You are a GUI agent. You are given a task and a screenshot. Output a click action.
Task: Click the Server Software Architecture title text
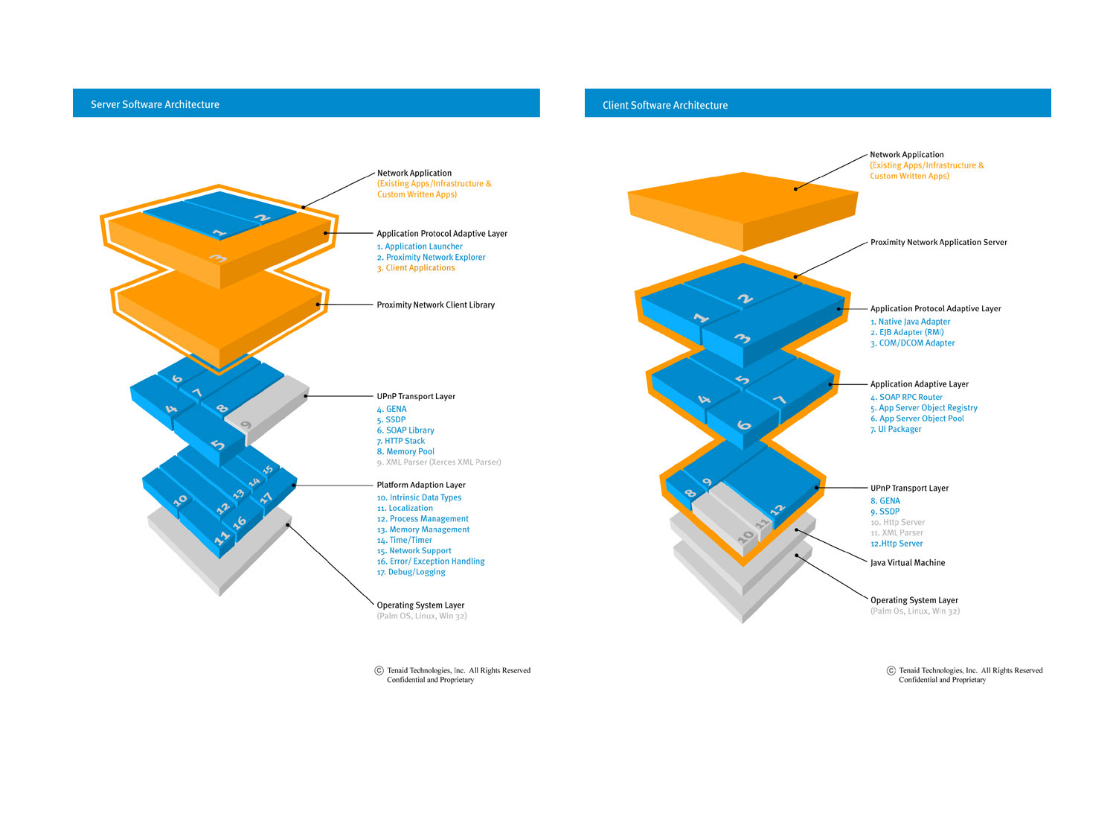(x=155, y=105)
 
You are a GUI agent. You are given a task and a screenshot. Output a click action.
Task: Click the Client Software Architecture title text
(x=665, y=106)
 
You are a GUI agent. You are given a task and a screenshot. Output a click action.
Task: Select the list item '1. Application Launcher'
(x=420, y=246)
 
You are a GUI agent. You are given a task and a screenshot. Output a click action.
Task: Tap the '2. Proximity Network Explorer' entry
(x=431, y=258)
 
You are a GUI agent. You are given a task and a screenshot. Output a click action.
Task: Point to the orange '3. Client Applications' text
(x=416, y=268)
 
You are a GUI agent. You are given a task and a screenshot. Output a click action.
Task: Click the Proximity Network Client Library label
(x=435, y=305)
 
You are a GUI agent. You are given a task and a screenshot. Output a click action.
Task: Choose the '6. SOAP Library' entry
(x=405, y=430)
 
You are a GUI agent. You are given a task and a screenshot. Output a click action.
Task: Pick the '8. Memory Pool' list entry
(x=405, y=452)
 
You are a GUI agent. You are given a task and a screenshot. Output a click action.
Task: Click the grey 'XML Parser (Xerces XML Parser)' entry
(x=439, y=462)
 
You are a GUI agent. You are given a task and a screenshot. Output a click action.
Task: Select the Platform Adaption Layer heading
(x=421, y=486)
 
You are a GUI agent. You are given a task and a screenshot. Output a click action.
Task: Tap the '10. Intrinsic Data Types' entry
(x=419, y=498)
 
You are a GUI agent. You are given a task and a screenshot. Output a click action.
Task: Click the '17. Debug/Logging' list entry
(x=411, y=573)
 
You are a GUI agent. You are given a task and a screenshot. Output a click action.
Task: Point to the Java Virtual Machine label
(x=908, y=563)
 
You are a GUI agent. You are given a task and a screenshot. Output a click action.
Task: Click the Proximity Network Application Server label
(x=938, y=243)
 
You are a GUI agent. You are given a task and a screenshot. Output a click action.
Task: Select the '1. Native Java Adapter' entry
(x=911, y=322)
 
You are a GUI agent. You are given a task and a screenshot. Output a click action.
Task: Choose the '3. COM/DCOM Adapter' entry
(x=913, y=343)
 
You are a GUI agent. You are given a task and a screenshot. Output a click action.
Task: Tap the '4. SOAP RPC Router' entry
(x=906, y=398)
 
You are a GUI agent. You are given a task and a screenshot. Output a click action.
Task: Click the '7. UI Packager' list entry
(x=896, y=430)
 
